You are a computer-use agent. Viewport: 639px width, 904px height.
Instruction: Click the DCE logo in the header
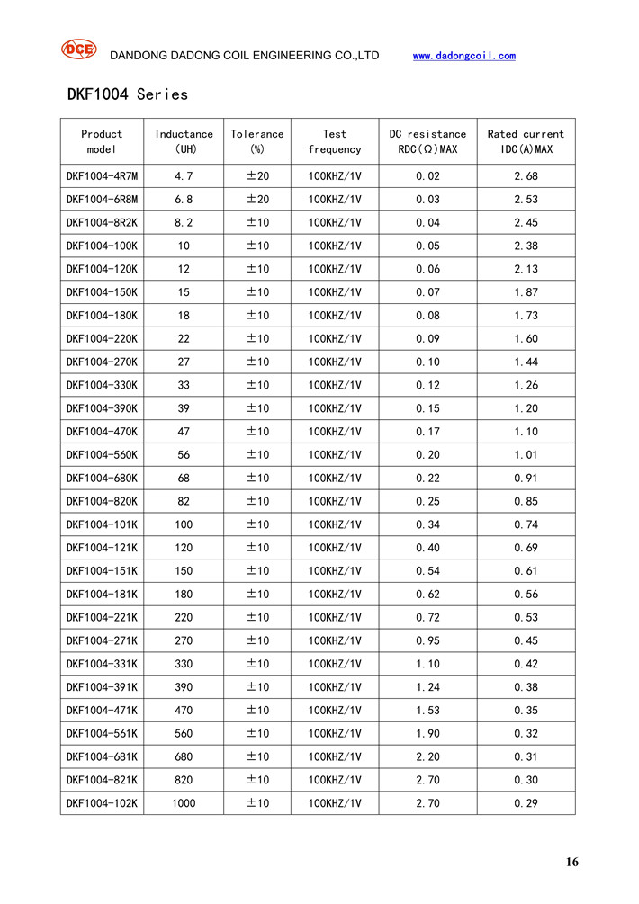[x=78, y=49]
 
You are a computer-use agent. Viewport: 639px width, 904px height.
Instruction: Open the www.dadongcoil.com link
[x=463, y=56]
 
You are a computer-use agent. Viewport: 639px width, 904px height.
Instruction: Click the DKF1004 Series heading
[x=127, y=94]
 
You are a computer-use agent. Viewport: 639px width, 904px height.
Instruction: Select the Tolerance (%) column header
[x=256, y=141]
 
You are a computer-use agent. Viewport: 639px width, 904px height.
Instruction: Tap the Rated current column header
[x=526, y=141]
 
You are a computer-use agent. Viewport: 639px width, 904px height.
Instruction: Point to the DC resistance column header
[x=427, y=141]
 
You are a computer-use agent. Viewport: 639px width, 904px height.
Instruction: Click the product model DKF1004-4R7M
[x=102, y=176]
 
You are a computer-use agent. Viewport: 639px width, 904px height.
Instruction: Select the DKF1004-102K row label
[x=102, y=803]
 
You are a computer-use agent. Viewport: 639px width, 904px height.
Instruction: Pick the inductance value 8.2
[x=184, y=223]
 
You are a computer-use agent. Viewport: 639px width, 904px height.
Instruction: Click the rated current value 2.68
[x=526, y=176]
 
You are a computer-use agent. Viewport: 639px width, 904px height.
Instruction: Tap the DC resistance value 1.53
[x=427, y=711]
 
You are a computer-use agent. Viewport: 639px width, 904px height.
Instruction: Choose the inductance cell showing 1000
[x=184, y=803]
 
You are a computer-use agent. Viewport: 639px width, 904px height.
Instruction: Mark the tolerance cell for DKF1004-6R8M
[x=257, y=200]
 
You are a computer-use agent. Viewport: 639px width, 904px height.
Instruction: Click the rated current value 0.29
[x=526, y=803]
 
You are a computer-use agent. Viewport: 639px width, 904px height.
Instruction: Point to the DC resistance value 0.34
[x=427, y=524]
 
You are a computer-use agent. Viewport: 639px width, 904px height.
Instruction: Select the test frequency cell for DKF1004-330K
[x=334, y=385]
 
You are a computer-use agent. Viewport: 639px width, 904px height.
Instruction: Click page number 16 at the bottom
[x=572, y=862]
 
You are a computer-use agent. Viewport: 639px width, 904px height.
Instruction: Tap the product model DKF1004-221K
[x=102, y=617]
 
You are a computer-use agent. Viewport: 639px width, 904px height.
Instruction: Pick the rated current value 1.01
[x=526, y=455]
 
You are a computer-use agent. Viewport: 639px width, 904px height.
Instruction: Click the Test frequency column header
[x=334, y=141]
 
